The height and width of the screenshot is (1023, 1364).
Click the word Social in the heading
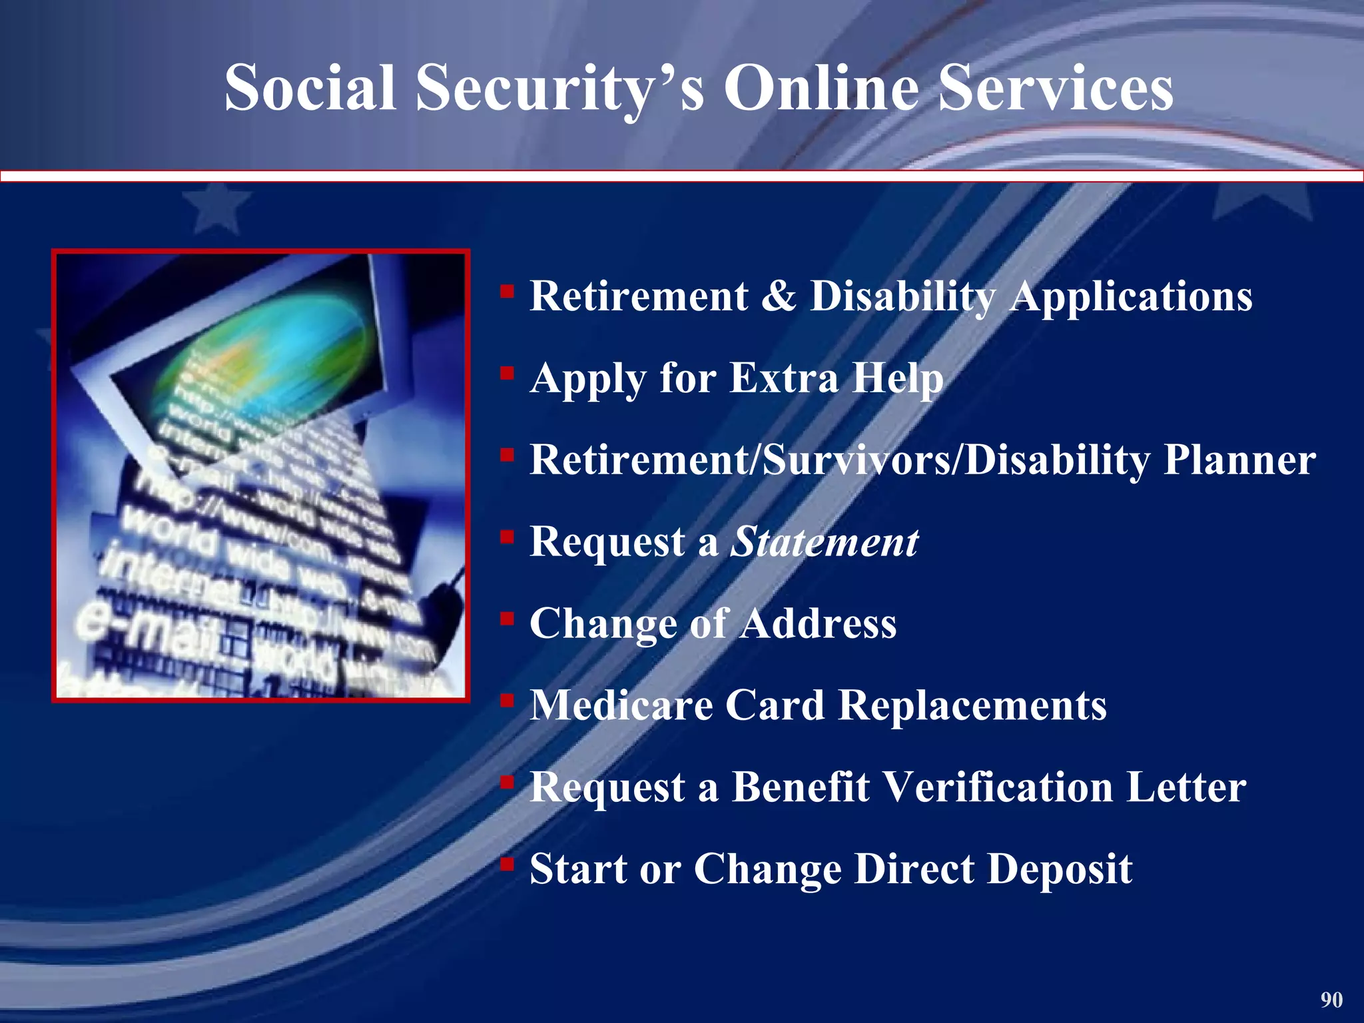311,89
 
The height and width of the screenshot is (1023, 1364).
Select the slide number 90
1331,1000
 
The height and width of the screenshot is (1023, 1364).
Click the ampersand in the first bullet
778,296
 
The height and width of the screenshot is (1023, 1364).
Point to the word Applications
1131,297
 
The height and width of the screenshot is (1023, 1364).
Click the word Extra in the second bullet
784,378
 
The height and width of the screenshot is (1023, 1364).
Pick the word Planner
1239,460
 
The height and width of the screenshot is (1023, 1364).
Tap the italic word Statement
825,541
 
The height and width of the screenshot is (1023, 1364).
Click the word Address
819,623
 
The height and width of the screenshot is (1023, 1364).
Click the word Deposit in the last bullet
1059,868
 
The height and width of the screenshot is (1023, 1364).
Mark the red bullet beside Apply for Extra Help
508,373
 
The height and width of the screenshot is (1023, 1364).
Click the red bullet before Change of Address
508,619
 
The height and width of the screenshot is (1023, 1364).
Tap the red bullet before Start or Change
508,864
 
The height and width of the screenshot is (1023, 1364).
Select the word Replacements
972,705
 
